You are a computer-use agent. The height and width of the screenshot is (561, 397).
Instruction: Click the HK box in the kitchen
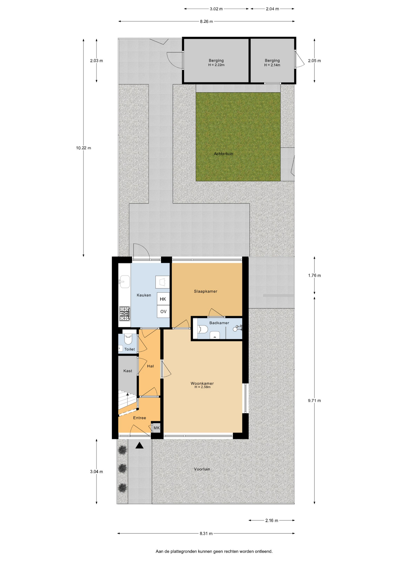(x=163, y=299)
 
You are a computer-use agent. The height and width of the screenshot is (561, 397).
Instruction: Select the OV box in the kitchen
(x=163, y=311)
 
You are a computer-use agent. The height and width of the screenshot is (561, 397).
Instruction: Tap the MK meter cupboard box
(x=157, y=428)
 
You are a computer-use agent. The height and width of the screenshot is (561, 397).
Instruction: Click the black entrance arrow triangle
(x=139, y=445)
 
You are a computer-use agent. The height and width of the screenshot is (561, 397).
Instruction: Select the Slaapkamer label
(x=206, y=291)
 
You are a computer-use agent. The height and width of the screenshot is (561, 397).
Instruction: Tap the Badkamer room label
(x=219, y=323)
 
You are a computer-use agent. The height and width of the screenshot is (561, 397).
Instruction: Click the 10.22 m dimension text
(x=84, y=148)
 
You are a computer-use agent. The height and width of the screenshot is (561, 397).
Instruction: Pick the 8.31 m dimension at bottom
(x=206, y=534)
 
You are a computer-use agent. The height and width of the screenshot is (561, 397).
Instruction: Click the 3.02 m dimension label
(x=216, y=9)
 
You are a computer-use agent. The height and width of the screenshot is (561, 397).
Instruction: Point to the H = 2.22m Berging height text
(x=216, y=65)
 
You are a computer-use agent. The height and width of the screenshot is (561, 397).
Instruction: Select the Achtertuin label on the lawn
(x=223, y=154)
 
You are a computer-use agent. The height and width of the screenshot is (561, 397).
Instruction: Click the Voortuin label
(x=202, y=469)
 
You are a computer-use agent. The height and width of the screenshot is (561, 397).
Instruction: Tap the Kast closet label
(x=128, y=371)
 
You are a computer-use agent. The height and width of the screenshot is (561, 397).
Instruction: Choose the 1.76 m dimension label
(x=314, y=275)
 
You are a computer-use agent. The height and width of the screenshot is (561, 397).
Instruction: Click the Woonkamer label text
(x=202, y=383)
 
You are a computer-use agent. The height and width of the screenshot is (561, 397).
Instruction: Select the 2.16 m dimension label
(x=272, y=520)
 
